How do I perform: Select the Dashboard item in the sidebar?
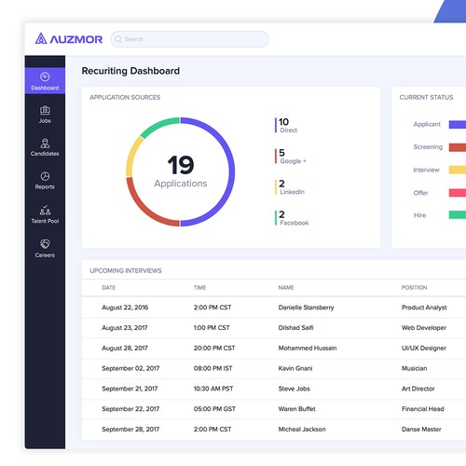pos(45,80)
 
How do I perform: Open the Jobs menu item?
pos(45,114)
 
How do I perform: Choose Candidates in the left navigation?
pos(45,146)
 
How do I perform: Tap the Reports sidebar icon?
pos(45,180)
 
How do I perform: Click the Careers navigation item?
pos(45,247)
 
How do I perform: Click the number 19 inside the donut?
pos(180,165)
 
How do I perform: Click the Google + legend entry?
pos(292,156)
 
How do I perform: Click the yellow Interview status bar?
pos(457,170)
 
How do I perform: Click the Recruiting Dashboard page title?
pos(130,71)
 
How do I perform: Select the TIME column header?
pos(200,287)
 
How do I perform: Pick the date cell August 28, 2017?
pos(124,348)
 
